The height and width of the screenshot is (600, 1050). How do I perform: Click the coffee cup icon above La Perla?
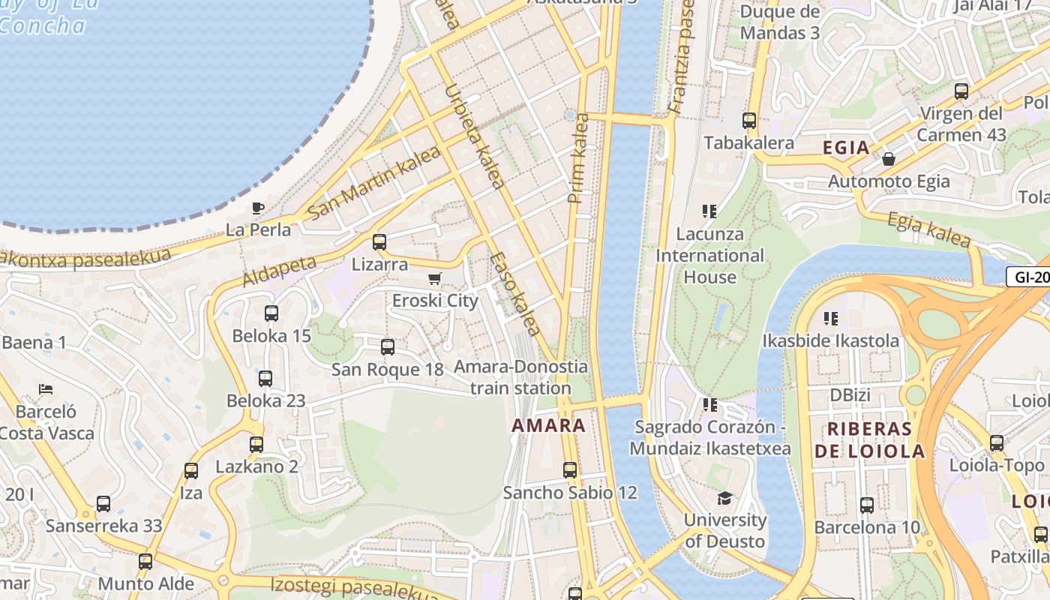(x=258, y=208)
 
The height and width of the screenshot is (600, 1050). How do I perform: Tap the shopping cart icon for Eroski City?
(x=434, y=279)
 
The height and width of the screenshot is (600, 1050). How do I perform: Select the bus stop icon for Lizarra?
(x=379, y=241)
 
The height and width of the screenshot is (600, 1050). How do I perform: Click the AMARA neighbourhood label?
(x=548, y=426)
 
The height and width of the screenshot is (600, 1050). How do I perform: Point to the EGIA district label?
(x=846, y=148)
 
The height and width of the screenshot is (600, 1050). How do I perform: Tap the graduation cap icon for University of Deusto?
(x=724, y=498)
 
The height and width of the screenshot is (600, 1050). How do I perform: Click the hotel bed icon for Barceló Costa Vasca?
(x=46, y=389)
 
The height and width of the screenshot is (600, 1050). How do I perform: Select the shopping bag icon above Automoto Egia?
(x=889, y=159)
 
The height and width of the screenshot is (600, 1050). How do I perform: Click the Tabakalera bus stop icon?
(x=748, y=121)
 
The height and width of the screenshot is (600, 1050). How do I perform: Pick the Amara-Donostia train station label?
(x=520, y=377)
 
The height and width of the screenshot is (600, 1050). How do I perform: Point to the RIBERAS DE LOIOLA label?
(x=869, y=440)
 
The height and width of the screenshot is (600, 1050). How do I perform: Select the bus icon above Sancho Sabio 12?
(x=570, y=470)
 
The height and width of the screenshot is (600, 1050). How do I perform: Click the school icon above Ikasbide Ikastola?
(x=830, y=319)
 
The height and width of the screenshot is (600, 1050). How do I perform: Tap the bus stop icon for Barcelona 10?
(x=867, y=505)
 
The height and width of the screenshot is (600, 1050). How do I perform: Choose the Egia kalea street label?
(x=928, y=229)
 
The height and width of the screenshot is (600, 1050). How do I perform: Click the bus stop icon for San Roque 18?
(x=387, y=346)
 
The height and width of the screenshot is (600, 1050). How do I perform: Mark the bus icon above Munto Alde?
(x=145, y=561)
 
